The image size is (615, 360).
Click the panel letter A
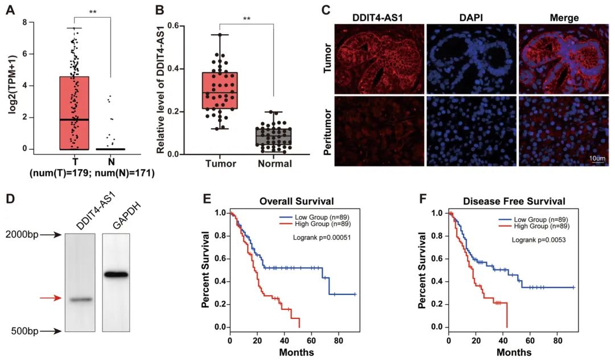tap(10, 10)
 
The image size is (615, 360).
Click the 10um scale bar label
tap(596, 156)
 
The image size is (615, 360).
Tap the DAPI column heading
tap(470, 18)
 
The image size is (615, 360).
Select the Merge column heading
tap(564, 18)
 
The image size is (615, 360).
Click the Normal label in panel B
tap(274, 164)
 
